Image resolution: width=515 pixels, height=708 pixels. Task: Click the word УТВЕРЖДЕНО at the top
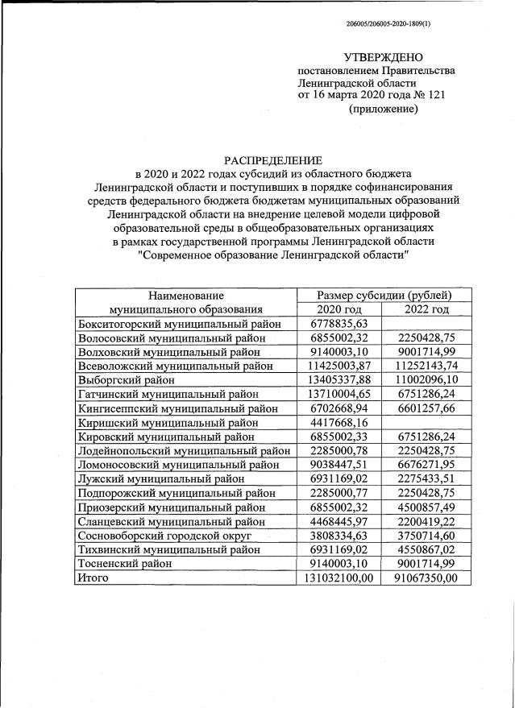(x=383, y=57)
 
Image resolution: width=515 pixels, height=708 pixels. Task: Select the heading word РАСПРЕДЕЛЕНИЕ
(x=272, y=160)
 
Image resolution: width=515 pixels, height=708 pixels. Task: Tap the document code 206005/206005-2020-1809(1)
(x=388, y=24)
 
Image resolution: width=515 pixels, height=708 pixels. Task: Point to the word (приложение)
(x=383, y=109)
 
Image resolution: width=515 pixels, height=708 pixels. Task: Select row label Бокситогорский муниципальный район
(x=180, y=324)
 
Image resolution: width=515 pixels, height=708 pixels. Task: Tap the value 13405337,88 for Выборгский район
(x=338, y=379)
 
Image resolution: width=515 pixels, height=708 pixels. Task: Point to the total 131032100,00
(x=338, y=578)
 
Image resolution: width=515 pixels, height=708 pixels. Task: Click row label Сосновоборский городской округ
(x=164, y=536)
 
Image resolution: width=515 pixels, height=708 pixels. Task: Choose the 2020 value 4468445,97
(x=338, y=521)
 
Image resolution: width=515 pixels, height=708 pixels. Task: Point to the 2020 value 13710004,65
(x=338, y=394)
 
